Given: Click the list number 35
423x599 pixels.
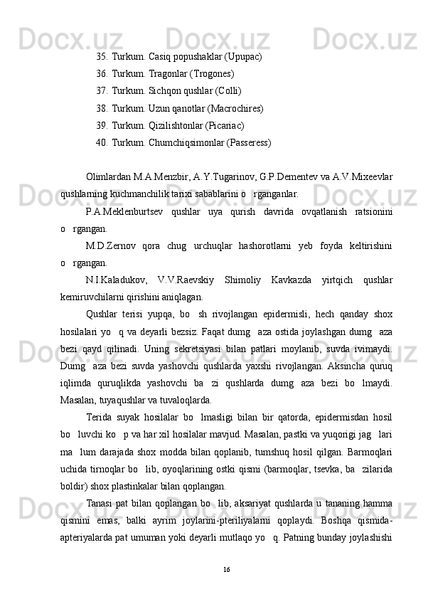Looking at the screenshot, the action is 102,56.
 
